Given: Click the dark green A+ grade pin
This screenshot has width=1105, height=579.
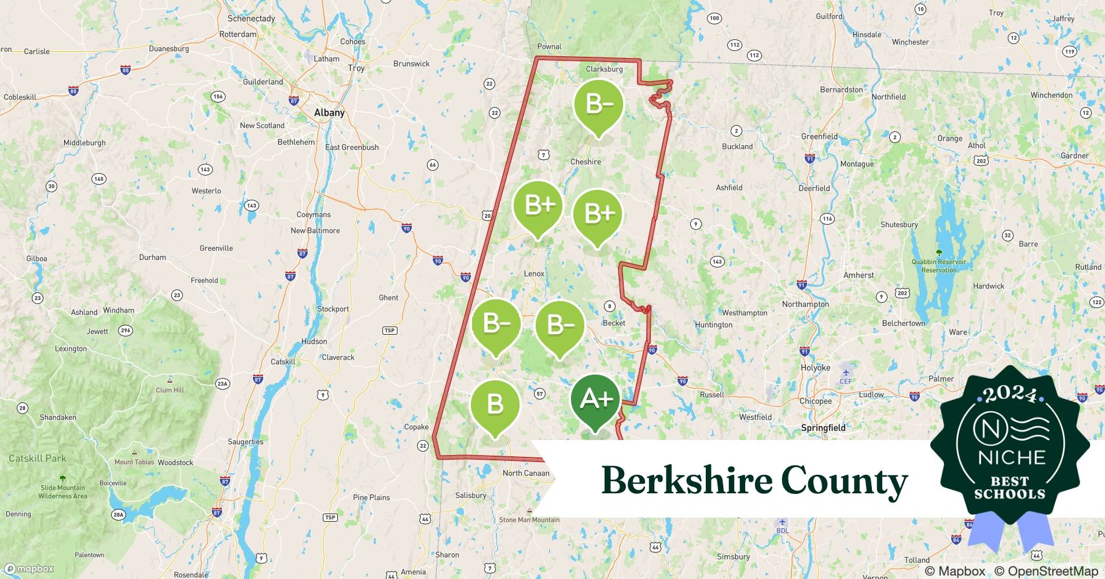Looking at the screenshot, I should (x=595, y=399).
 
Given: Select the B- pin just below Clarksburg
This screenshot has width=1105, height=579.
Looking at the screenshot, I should (x=598, y=105).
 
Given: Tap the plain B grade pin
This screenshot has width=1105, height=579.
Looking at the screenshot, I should (x=495, y=404).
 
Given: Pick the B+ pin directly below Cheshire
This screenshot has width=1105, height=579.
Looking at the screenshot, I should (x=598, y=214).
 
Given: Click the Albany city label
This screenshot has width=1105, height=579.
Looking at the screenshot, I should (x=329, y=113).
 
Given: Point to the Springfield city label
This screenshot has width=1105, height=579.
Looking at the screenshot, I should (x=823, y=428).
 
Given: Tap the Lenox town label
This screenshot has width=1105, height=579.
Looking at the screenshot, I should (x=534, y=274).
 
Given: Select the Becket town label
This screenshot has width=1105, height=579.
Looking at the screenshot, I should (x=614, y=323).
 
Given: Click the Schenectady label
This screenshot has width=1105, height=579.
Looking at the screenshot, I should (x=251, y=19).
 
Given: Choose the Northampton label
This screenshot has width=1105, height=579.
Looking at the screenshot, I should (x=805, y=304).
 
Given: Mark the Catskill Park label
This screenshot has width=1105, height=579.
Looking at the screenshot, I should (x=38, y=459).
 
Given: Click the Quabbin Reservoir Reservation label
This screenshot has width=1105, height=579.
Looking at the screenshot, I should (x=938, y=266).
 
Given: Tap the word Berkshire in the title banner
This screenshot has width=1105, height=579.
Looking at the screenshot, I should (x=687, y=481).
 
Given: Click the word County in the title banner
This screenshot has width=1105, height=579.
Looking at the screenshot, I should (x=844, y=481).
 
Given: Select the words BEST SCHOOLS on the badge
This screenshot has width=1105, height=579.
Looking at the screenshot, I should (x=1010, y=488).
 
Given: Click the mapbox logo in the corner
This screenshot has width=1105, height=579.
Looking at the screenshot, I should (x=29, y=569).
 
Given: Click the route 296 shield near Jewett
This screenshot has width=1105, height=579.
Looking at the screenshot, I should (x=126, y=331).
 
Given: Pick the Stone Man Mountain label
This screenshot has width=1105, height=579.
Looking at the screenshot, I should (x=529, y=519).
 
